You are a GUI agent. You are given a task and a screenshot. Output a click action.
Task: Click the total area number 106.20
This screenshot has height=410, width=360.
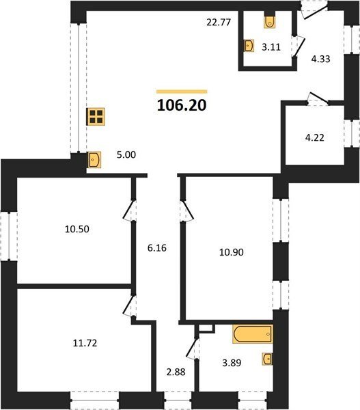pyautogui.click(x=182, y=105)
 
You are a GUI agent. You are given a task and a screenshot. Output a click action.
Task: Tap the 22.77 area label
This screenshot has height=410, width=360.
pyautogui.click(x=219, y=23)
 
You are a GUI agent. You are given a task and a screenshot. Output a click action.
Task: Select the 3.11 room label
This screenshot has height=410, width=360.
pyautogui.click(x=271, y=47)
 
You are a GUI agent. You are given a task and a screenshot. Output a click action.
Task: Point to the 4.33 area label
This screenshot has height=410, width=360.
pyautogui.click(x=320, y=59)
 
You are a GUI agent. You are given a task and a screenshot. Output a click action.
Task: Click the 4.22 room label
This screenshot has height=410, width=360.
pyautogui.click(x=315, y=137)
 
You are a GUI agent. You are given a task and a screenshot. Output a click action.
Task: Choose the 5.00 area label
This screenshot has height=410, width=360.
pyautogui.click(x=126, y=155)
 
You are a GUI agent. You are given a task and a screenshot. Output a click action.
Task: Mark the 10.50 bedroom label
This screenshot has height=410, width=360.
pyautogui.click(x=77, y=229)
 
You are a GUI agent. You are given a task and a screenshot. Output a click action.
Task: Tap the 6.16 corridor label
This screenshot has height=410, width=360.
pyautogui.click(x=157, y=248)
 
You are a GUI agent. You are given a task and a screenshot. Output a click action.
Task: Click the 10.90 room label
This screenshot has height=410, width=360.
pyautogui.click(x=232, y=252)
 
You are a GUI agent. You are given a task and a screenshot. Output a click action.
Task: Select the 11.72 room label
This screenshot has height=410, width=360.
pyautogui.click(x=85, y=343)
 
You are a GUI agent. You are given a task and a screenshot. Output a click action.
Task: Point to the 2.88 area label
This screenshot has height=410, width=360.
pyautogui.click(x=176, y=372)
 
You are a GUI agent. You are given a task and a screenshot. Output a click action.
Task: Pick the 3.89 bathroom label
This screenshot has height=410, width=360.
pyautogui.click(x=232, y=363)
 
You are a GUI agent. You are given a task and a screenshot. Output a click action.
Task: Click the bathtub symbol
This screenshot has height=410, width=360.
pyautogui.click(x=253, y=334)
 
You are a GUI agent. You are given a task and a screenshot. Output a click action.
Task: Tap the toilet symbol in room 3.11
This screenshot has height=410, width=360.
pyautogui.click(x=269, y=22)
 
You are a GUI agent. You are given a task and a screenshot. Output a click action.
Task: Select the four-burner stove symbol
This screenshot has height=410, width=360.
pyautogui.click(x=96, y=117)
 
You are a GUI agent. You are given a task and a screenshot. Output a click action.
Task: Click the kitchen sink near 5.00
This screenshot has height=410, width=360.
pyautogui.click(x=94, y=160)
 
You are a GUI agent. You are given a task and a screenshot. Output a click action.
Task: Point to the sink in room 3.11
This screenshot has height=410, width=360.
pyautogui.click(x=249, y=46)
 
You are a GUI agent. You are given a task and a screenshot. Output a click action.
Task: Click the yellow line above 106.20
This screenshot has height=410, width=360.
pyautogui.click(x=182, y=92)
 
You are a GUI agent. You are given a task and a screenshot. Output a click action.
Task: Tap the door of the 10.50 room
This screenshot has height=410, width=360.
pyautogui.click(x=129, y=210)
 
